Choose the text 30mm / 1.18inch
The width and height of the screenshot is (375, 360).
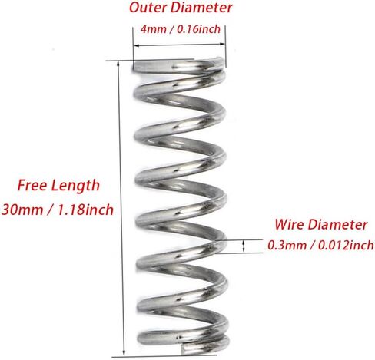pyautogui.click(x=58, y=209)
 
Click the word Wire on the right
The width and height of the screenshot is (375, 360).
pyautogui.click(x=289, y=226)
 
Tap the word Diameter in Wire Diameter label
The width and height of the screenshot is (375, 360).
pyautogui.click(x=339, y=226)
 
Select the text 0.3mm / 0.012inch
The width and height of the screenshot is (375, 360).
pyautogui.click(x=320, y=246)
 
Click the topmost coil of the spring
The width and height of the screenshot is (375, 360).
pyautogui.click(x=180, y=68)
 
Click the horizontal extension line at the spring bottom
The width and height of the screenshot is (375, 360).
pyautogui.click(x=154, y=356)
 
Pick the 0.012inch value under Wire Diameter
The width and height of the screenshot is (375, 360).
pyautogui.click(x=342, y=246)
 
